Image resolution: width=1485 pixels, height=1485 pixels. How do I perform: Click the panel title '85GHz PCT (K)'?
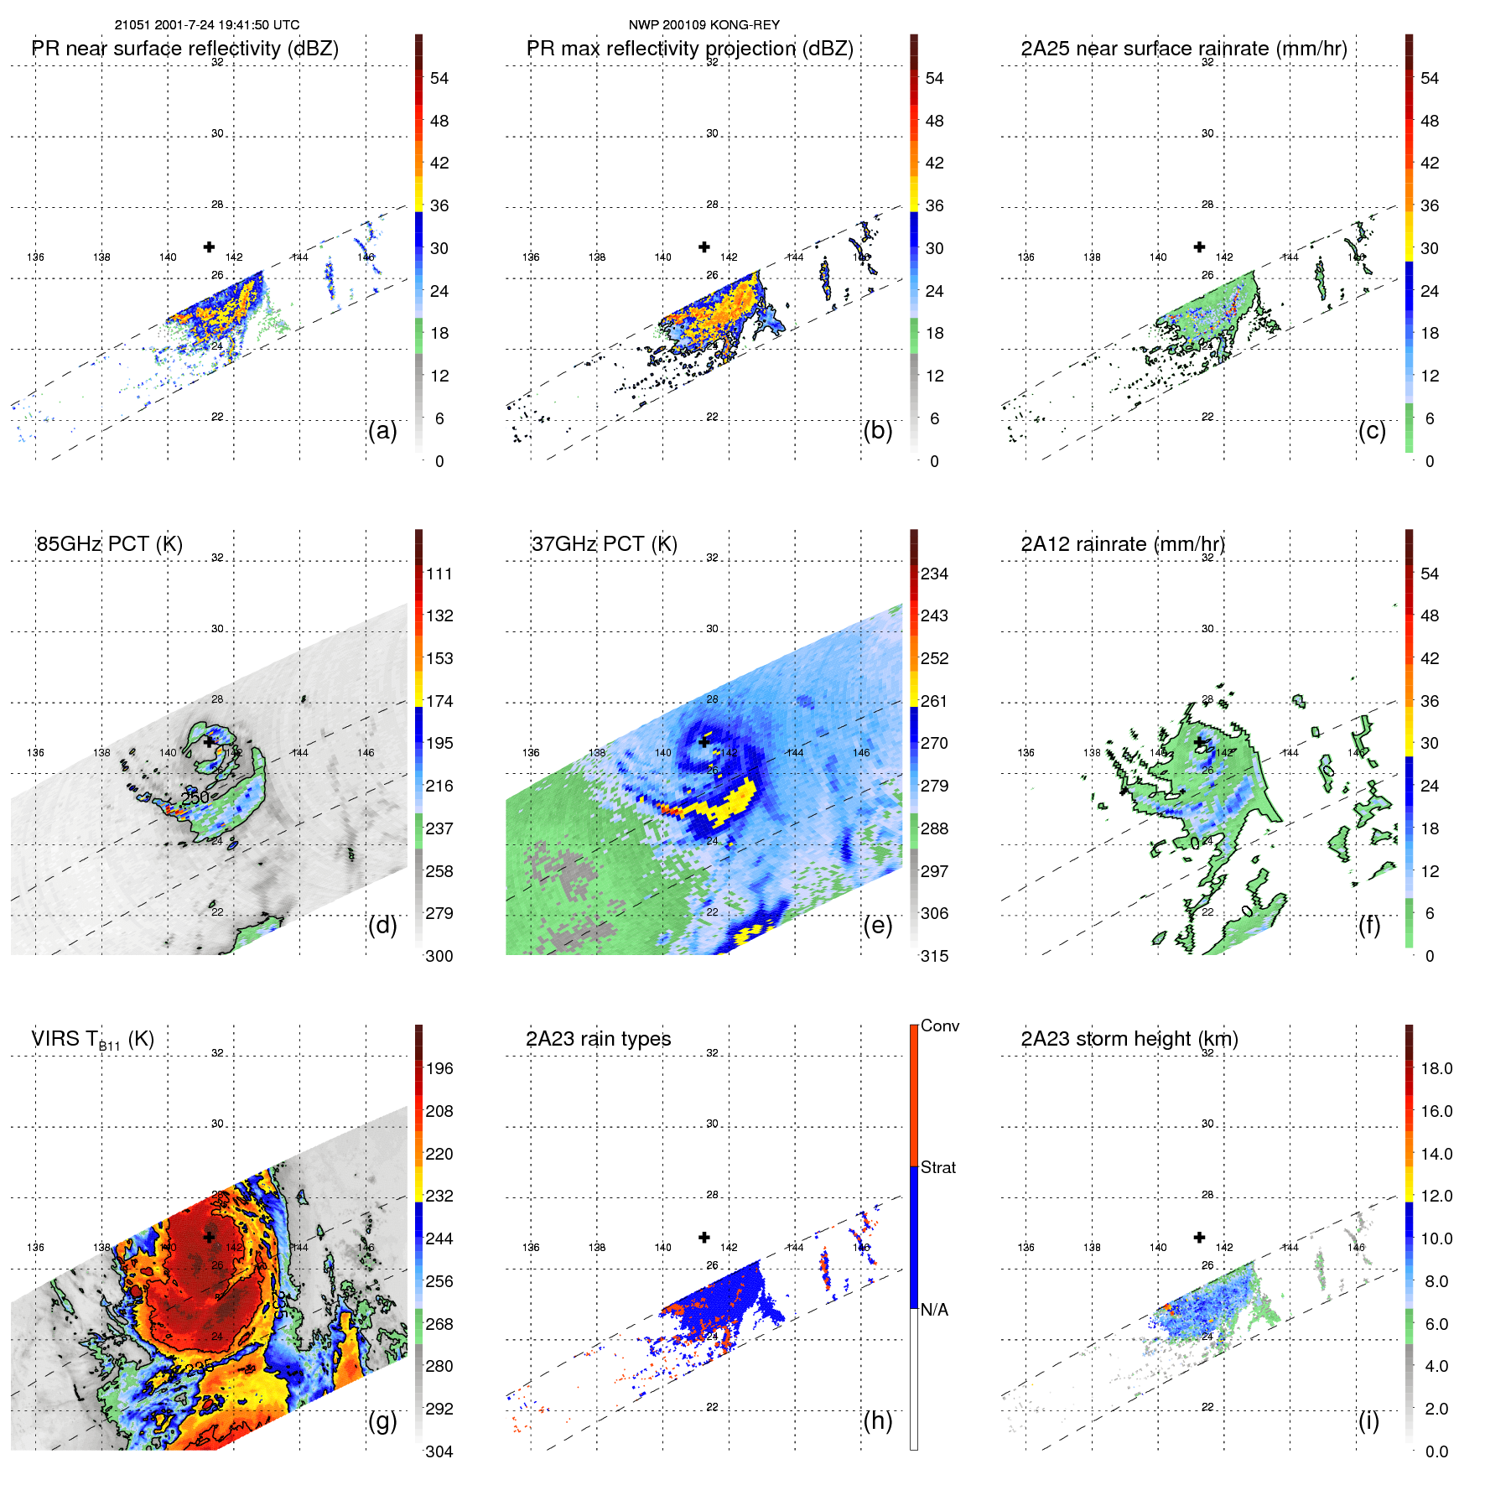[109, 544]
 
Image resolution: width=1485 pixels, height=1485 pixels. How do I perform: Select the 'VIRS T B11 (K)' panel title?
[92, 1040]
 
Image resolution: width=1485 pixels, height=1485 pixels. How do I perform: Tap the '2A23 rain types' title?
[598, 1039]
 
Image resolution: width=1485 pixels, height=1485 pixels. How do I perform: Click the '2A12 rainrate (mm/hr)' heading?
[1122, 544]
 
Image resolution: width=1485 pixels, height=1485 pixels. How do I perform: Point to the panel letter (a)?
[382, 430]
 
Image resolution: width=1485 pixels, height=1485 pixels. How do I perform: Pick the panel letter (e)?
[877, 925]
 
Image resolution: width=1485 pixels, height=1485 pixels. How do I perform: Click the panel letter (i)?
[1368, 1420]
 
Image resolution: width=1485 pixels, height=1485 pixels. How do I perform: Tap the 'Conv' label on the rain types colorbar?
[939, 1025]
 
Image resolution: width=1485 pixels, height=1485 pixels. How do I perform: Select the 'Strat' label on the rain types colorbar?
[937, 1167]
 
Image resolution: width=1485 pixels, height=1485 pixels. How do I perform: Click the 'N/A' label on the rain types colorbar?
[933, 1310]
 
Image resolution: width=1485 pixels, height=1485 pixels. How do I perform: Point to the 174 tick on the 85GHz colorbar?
[439, 701]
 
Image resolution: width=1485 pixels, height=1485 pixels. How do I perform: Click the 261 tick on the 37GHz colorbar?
[934, 701]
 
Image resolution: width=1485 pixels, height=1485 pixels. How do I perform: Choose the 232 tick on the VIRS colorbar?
[439, 1196]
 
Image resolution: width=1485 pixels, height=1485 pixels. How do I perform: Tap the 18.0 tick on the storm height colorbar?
[1436, 1068]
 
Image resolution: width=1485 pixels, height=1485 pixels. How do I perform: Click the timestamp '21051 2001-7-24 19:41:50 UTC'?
[207, 25]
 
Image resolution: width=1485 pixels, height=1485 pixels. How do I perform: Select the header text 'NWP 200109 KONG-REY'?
[704, 25]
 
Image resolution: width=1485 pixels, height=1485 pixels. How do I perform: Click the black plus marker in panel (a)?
[209, 247]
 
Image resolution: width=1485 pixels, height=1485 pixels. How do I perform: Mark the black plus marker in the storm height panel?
[1199, 1237]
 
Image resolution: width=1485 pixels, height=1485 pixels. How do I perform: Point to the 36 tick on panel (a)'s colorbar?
[439, 205]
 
